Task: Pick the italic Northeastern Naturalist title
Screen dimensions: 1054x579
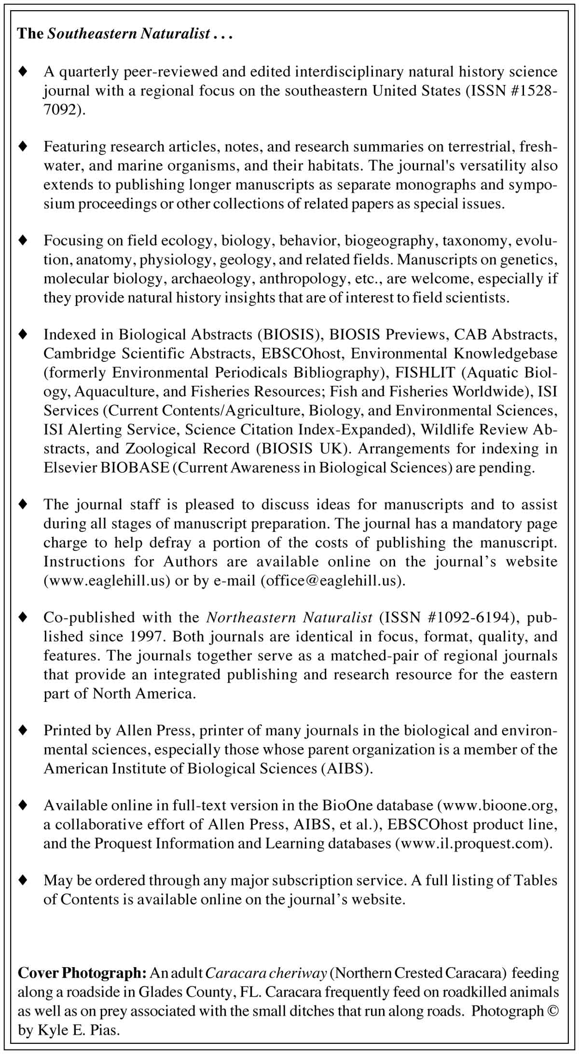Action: [x=289, y=617]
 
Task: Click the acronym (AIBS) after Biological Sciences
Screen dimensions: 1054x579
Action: [x=347, y=768]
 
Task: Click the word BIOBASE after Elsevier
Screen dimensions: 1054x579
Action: [x=135, y=467]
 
